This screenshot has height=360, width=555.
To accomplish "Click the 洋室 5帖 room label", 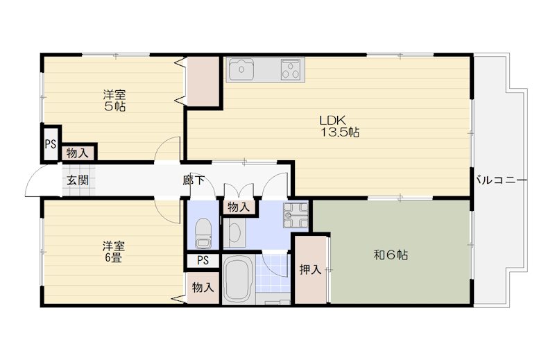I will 115,101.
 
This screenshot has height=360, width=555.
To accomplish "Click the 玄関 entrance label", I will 76,180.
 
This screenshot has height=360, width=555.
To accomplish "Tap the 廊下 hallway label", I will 194,180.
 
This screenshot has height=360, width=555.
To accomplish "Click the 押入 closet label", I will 309,270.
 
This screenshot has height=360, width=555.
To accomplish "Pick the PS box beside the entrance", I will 50,144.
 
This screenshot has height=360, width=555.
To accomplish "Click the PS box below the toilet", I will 203,261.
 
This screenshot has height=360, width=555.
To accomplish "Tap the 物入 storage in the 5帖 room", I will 77,153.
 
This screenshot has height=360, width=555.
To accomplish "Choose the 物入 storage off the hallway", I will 239,207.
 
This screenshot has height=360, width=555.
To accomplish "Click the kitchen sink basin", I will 244,69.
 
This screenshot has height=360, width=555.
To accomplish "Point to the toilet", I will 203,233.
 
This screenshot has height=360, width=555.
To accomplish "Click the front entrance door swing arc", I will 33,182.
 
